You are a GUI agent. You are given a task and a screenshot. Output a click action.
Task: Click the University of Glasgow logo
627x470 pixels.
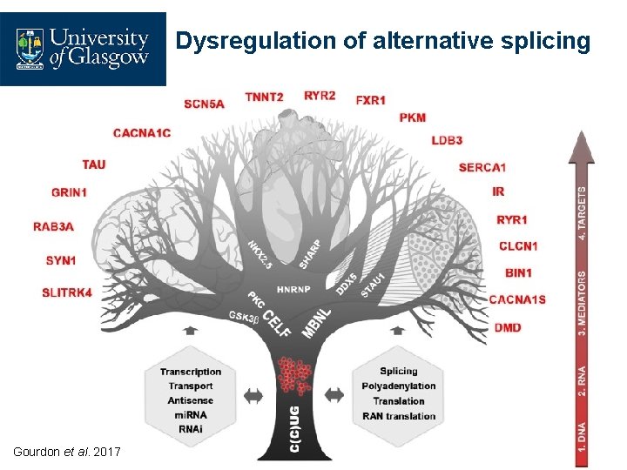(83, 49)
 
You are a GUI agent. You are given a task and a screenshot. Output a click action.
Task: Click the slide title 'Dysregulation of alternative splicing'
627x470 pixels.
(383, 41)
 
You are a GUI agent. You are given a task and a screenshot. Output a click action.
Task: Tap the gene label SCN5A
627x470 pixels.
(204, 104)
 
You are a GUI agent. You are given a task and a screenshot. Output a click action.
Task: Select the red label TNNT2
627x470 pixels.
(264, 97)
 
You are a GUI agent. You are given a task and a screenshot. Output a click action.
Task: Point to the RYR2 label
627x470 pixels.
(320, 96)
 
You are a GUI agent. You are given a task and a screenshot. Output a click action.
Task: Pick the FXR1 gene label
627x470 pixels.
(370, 101)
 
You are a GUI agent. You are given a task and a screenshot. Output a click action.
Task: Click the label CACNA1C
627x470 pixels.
(142, 132)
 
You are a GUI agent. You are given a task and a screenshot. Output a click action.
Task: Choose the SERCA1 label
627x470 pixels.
(482, 166)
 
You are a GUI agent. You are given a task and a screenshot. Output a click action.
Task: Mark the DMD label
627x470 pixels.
(508, 328)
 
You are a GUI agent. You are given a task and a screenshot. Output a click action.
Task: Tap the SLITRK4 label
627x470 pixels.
(67, 292)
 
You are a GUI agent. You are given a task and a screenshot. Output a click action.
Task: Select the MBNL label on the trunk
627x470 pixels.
(317, 321)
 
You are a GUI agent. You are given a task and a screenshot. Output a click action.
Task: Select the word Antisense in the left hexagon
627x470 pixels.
(190, 401)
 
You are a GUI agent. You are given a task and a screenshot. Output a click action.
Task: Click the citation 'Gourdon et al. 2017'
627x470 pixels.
(67, 451)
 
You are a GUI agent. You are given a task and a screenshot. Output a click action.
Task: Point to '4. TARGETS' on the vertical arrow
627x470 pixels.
(582, 212)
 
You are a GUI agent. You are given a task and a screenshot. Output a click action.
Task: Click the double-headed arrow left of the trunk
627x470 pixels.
(253, 395)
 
